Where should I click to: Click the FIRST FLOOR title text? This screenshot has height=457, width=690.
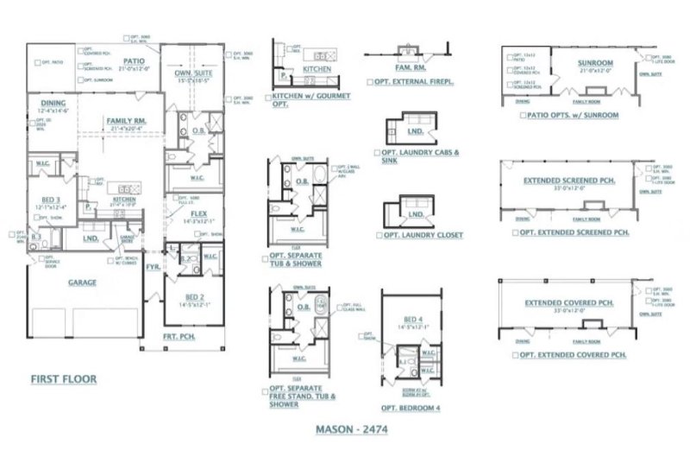coord(63,378)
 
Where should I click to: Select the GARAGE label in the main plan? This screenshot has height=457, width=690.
coord(83,282)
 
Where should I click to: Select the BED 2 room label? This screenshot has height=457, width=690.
coord(198,296)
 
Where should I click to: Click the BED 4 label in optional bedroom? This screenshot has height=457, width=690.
coord(413,321)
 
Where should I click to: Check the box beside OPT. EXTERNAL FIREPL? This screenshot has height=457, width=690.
coord(369,82)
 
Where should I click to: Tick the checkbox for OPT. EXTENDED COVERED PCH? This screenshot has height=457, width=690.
coord(514,355)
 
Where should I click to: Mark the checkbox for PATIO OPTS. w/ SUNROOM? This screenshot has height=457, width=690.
coord(522,114)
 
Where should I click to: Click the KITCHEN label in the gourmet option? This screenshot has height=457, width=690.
coord(317,67)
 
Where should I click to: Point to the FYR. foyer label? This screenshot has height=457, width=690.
coord(152,267)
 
